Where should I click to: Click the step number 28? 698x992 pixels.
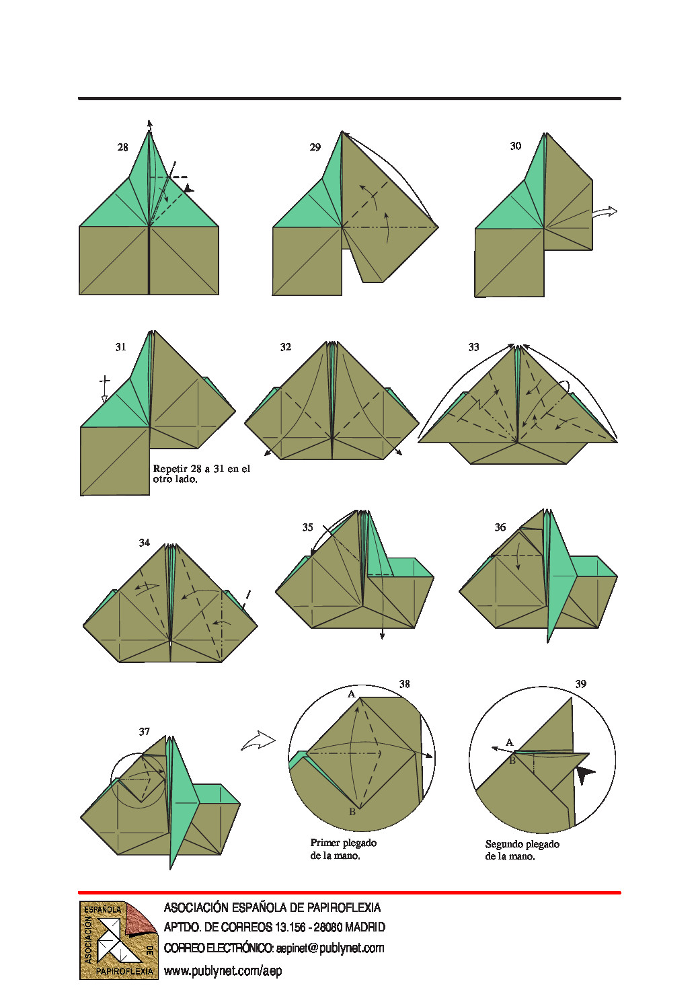pos(122,147)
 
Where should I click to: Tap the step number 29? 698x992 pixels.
pos(315,147)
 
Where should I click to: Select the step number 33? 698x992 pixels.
pos(473,347)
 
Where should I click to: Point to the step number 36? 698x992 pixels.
pos(500,527)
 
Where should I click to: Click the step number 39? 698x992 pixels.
pos(580,684)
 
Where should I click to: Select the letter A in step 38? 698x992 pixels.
pos(351,694)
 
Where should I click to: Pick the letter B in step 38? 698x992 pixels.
pos(352,811)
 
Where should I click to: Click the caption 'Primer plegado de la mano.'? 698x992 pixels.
pos(343,849)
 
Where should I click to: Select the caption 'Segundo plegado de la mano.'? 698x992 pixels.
pos(522,850)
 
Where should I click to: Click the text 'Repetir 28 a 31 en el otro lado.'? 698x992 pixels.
pos(202,474)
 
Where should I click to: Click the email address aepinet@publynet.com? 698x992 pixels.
pos(330,948)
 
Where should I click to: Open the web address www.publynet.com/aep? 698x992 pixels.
pos(223,971)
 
